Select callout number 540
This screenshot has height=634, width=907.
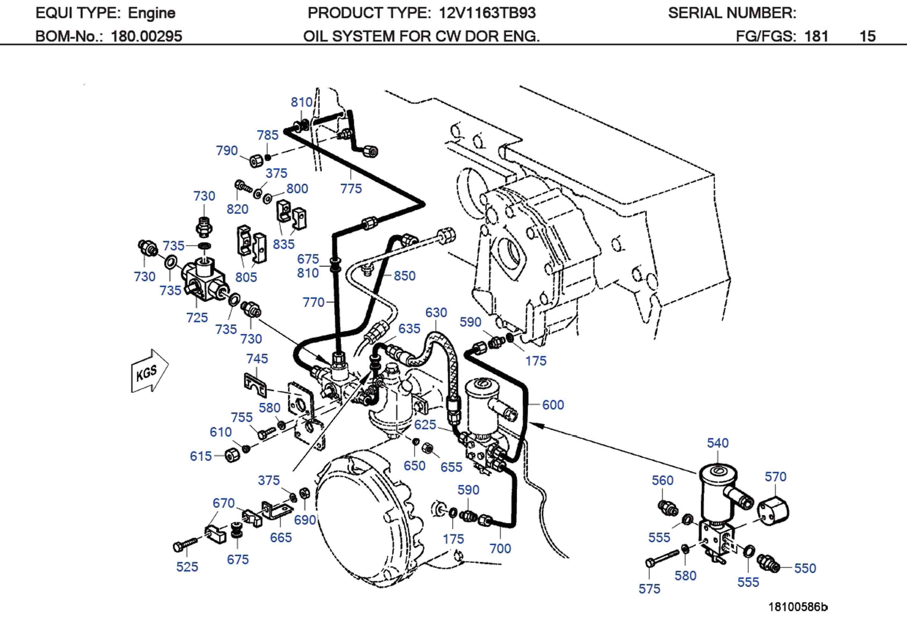coord(717,443)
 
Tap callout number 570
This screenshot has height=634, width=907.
coord(775,477)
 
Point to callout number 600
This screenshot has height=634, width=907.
coord(553,405)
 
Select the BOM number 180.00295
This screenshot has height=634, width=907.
coord(146,36)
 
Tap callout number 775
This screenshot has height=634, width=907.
coord(351,189)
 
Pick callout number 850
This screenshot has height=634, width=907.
coord(404,276)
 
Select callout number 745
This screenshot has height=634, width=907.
coord(257,359)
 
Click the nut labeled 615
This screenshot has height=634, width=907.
coord(232,456)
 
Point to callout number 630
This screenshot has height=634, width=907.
coord(436,313)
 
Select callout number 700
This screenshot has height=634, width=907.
coord(500,548)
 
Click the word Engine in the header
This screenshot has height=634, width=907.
coord(151,13)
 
